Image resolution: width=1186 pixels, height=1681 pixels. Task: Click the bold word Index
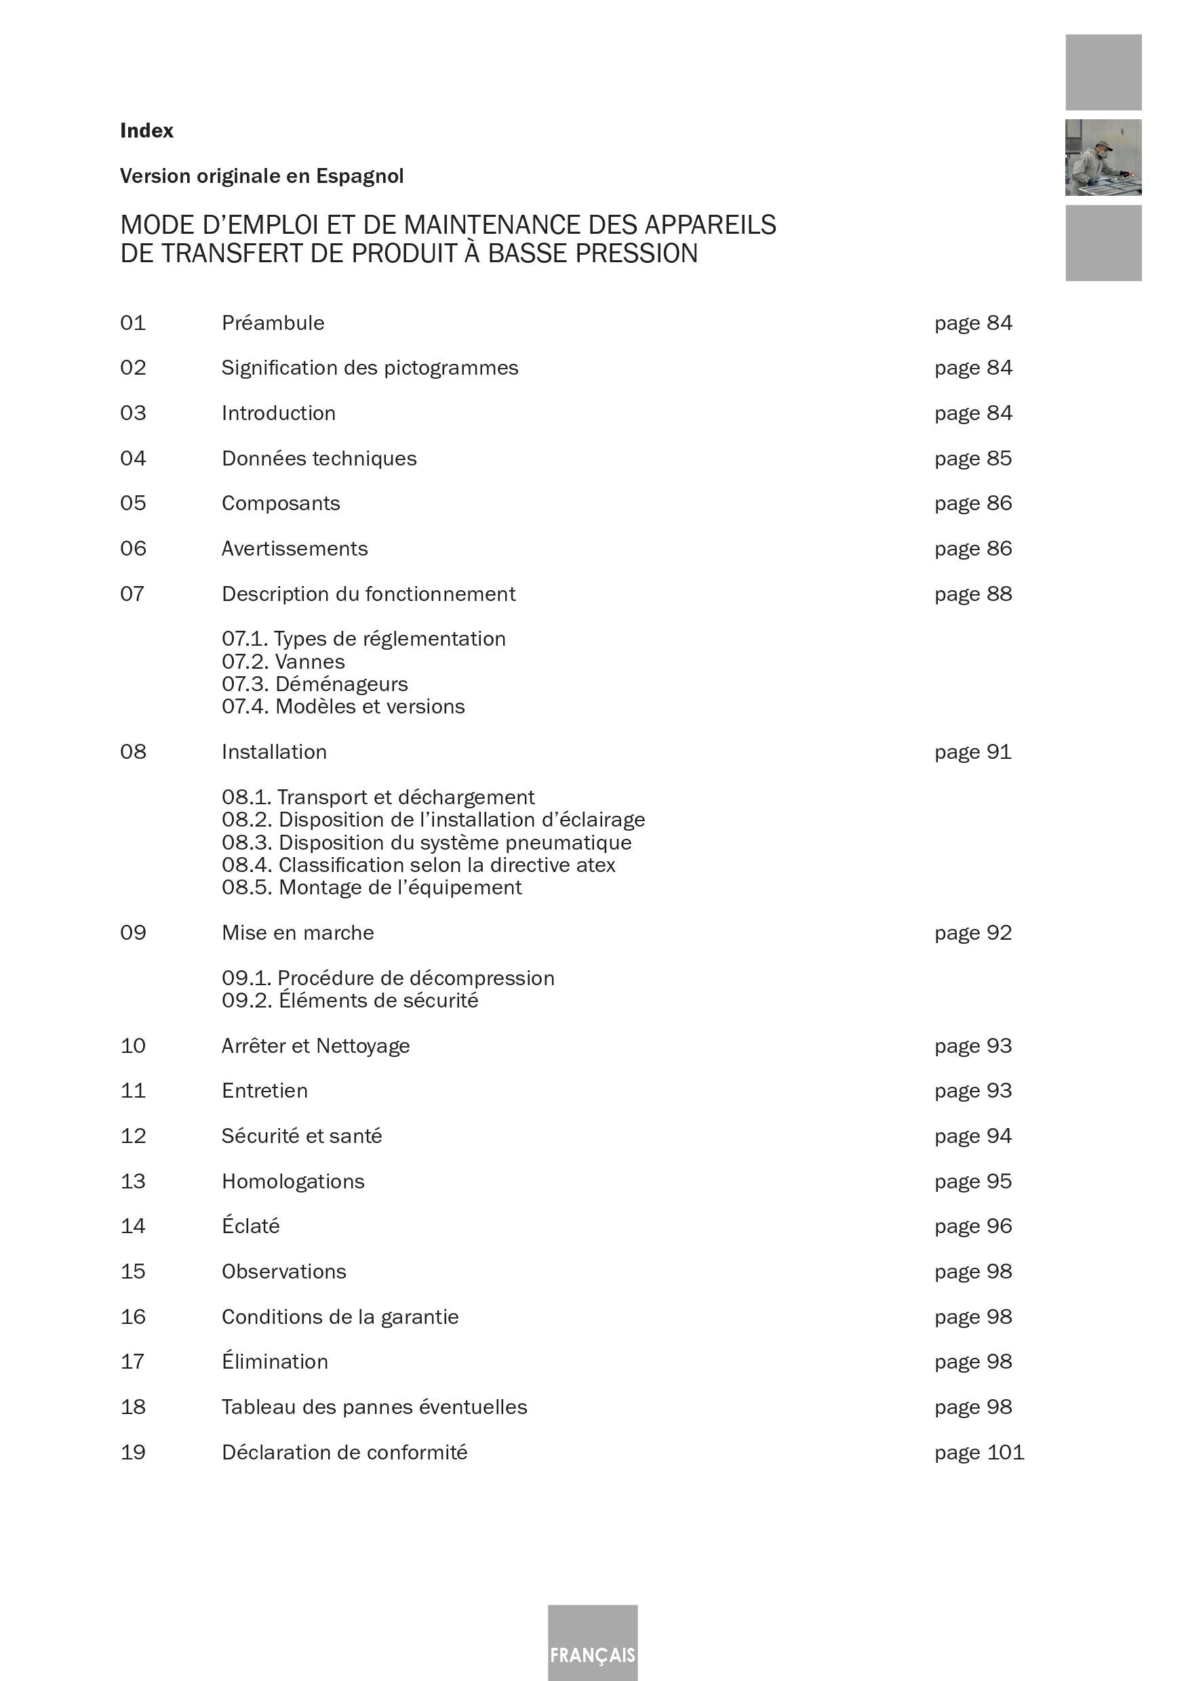tap(146, 130)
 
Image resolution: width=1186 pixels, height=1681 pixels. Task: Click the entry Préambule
tap(273, 323)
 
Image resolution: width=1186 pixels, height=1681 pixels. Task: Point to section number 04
tap(133, 458)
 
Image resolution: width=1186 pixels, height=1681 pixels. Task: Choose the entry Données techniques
tap(319, 458)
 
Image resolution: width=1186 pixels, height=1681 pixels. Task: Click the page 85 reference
tap(972, 458)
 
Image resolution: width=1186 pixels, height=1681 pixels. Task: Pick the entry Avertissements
tap(294, 548)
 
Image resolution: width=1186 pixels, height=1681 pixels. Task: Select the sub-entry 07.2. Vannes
tap(283, 662)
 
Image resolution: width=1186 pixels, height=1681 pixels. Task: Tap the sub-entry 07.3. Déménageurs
tap(314, 684)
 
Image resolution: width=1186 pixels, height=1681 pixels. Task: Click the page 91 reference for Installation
tap(972, 752)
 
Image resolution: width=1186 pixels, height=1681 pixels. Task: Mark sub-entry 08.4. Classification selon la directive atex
tap(418, 865)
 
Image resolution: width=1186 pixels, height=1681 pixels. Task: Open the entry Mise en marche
tap(298, 933)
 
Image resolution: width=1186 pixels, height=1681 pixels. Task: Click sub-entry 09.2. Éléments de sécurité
tap(349, 1000)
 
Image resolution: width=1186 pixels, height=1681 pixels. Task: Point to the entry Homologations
tap(293, 1181)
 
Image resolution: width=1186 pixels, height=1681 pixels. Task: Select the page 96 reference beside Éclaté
tap(972, 1226)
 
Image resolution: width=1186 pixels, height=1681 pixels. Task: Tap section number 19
tap(133, 1452)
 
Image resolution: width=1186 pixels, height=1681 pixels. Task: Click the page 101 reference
tap(979, 1452)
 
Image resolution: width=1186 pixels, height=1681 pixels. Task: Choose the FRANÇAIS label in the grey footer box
tap(593, 1655)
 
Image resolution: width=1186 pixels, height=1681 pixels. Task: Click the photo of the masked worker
tap(1103, 157)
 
